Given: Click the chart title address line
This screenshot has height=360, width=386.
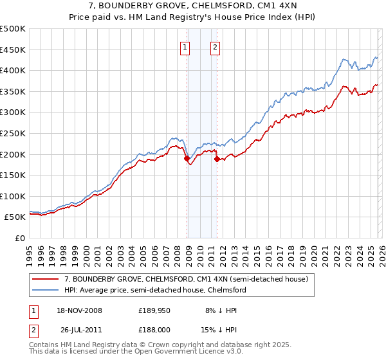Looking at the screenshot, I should [192, 6].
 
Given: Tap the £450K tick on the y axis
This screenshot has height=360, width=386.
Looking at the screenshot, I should [13, 50].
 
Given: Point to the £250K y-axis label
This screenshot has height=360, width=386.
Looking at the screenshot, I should [13, 133].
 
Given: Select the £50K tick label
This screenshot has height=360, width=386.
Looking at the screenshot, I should [15, 217].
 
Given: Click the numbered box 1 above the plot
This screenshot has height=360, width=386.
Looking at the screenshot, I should [185, 46].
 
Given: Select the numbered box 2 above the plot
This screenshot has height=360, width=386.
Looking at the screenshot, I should [215, 46].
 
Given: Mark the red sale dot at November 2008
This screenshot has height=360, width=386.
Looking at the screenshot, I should [187, 158].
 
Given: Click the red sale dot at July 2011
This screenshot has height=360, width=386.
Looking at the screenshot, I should [217, 159].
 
